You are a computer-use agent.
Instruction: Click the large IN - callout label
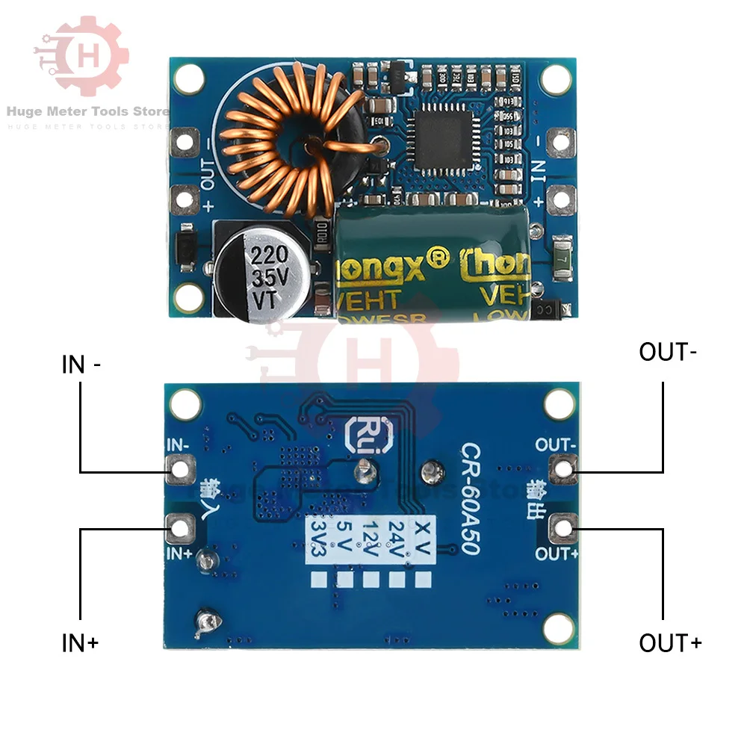[82, 365]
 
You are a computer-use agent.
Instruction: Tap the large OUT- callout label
[668, 352]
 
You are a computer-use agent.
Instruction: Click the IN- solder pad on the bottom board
[179, 469]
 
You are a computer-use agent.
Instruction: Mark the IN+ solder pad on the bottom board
[179, 529]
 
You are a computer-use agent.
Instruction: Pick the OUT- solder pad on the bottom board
[562, 469]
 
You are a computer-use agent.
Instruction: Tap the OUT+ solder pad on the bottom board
[562, 529]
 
